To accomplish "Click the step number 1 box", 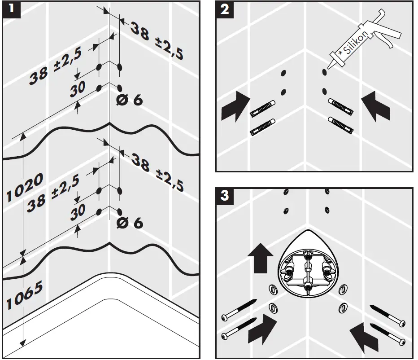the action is tap(11, 9).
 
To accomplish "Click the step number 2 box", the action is tap(224, 9).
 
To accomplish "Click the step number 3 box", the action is tap(224, 195).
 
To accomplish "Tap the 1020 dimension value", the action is tap(25, 187).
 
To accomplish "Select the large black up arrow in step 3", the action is tap(260, 258).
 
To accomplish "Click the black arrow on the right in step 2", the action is tap(375, 106).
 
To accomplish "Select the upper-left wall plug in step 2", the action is tap(262, 109).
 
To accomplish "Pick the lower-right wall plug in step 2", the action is tap(341, 125).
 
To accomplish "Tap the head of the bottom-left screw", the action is tap(225, 336).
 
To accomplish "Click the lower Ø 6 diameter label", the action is tap(130, 223).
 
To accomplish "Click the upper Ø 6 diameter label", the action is tap(130, 100).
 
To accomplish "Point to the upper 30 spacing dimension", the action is tap(78, 89).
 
